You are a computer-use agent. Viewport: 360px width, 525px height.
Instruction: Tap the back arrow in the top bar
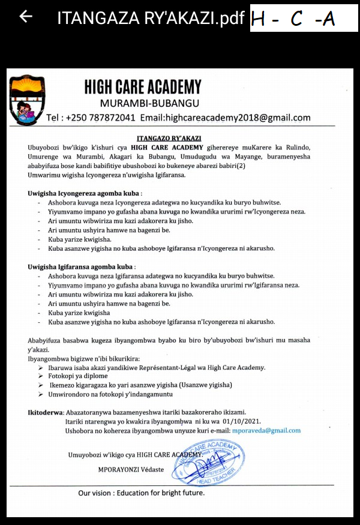26,17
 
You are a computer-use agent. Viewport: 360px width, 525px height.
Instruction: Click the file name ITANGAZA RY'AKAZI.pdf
151,18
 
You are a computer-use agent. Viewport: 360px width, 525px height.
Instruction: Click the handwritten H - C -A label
293,20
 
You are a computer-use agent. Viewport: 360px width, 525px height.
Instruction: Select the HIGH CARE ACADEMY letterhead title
143,87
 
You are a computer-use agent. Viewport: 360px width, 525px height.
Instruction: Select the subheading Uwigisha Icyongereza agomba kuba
85,194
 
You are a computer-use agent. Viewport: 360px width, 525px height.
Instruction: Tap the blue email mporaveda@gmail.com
266,430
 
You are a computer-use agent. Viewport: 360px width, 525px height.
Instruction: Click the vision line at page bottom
142,493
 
